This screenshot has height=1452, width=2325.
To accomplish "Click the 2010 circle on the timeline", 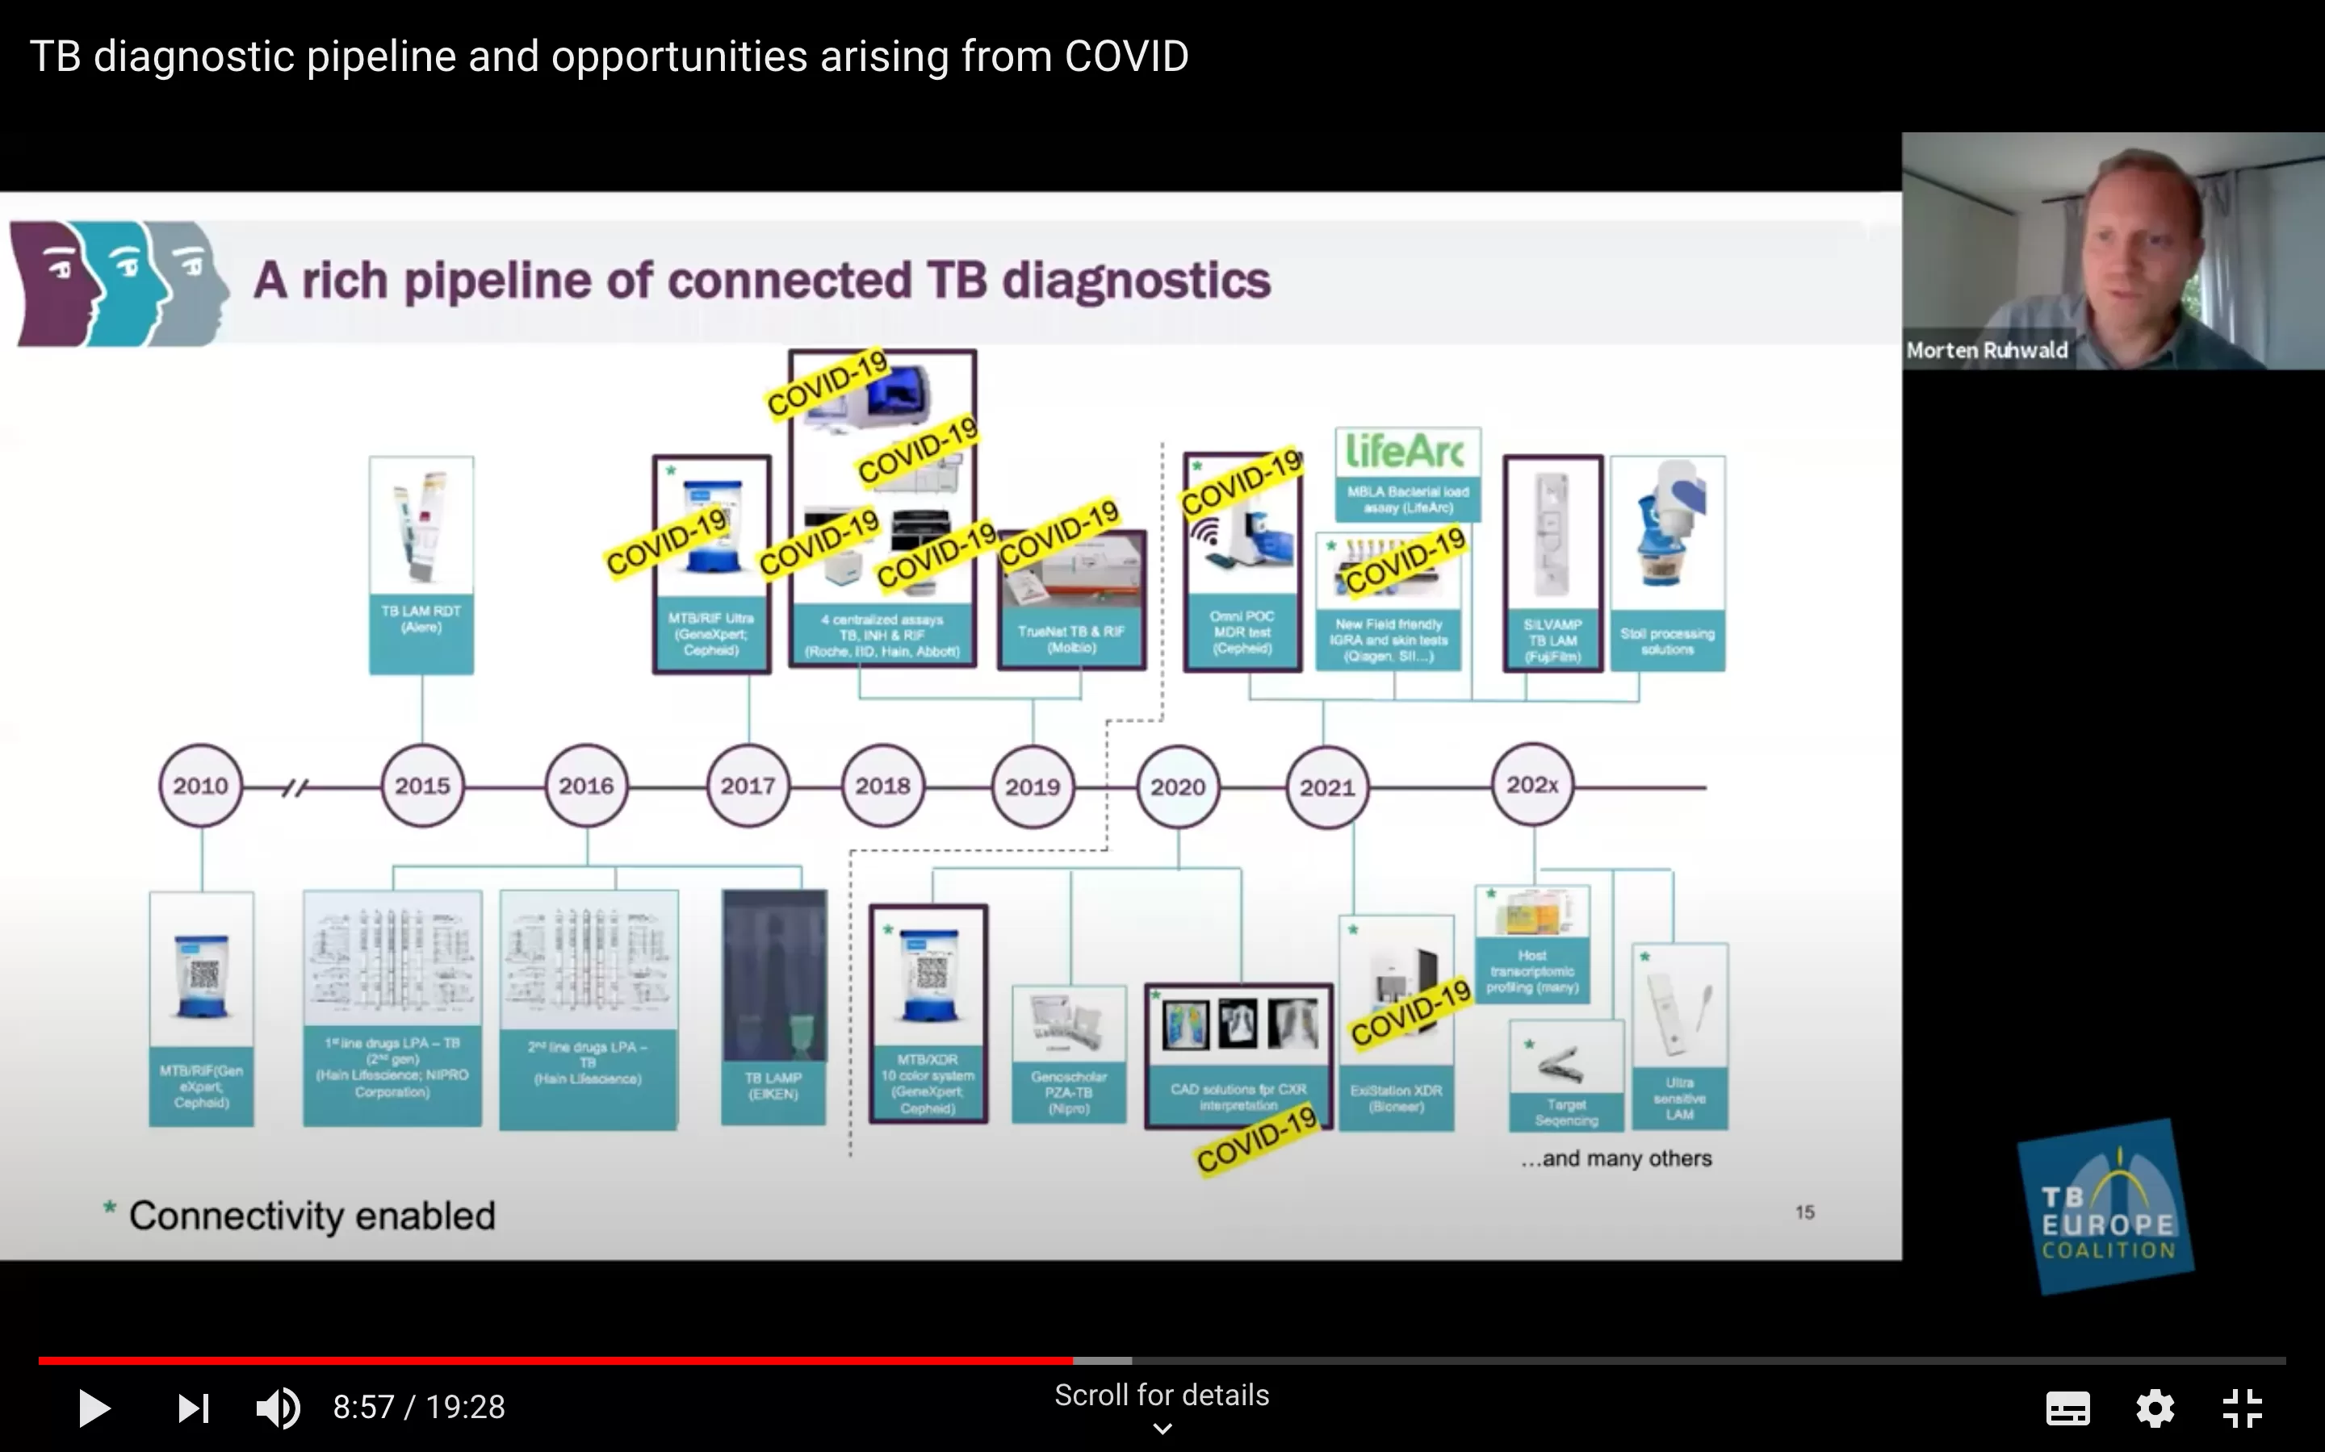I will click(x=200, y=786).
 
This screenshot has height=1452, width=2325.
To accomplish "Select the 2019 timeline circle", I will click(x=1032, y=786).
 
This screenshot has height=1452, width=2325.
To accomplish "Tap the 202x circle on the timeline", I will click(x=1532, y=785).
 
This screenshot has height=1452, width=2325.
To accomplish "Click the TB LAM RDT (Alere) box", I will click(x=421, y=565).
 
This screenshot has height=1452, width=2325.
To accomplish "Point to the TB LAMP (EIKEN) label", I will click(x=773, y=1086).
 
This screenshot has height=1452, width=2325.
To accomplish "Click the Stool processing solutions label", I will click(x=1667, y=641).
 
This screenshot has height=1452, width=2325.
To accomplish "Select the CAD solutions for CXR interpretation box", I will click(x=1238, y=1055).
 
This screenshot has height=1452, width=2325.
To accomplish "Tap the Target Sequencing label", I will click(x=1566, y=1112).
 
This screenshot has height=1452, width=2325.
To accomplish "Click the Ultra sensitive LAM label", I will click(x=1679, y=1099).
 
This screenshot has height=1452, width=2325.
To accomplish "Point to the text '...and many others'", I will click(x=1616, y=1158).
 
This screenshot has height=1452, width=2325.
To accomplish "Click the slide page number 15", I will click(x=1804, y=1212).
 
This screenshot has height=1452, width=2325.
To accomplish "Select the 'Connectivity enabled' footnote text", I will click(x=312, y=1216).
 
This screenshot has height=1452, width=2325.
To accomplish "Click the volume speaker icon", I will click(x=278, y=1408).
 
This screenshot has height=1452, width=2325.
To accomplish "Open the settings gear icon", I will click(x=2154, y=1408).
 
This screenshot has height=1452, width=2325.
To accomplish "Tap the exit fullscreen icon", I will click(x=2243, y=1408).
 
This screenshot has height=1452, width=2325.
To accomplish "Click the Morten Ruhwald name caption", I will click(x=1987, y=351).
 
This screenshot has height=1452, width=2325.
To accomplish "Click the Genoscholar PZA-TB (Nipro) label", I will click(x=1068, y=1093).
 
